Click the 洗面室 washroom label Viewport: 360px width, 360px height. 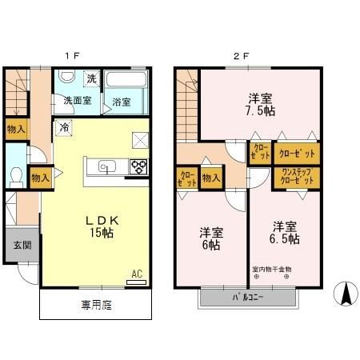pos(78,102)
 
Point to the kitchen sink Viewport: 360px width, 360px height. pos(107,167)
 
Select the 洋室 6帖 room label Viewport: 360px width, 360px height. pos(211,238)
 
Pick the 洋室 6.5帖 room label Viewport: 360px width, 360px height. pos(284,232)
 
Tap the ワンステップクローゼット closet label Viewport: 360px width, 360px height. pos(298,177)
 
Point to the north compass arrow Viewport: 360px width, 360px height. pos(346,293)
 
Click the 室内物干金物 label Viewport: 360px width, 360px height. pos(272,270)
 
